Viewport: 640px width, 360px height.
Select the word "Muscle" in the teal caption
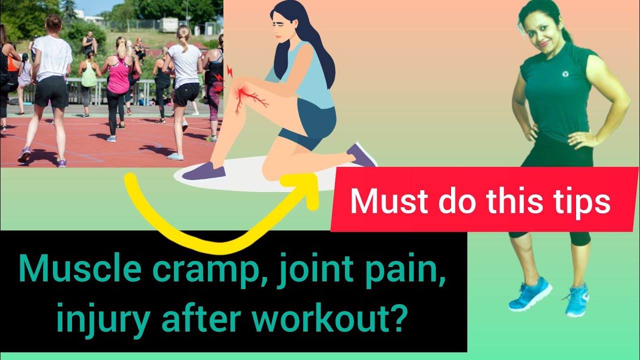point(71,271)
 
